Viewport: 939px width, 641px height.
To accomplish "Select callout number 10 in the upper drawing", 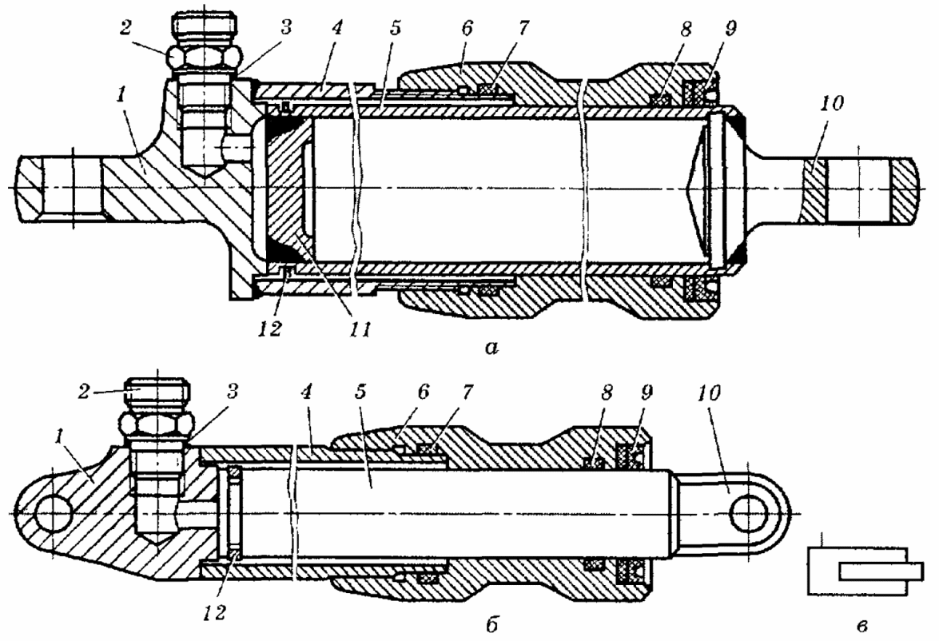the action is (831, 103).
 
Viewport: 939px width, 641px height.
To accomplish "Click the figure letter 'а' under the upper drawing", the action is (491, 348).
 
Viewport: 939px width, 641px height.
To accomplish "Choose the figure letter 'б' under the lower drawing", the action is (491, 625).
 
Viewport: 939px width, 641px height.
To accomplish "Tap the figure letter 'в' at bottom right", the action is (861, 627).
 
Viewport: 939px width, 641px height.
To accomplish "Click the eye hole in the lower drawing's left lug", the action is (54, 514).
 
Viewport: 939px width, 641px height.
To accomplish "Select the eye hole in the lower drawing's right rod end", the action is (749, 513).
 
